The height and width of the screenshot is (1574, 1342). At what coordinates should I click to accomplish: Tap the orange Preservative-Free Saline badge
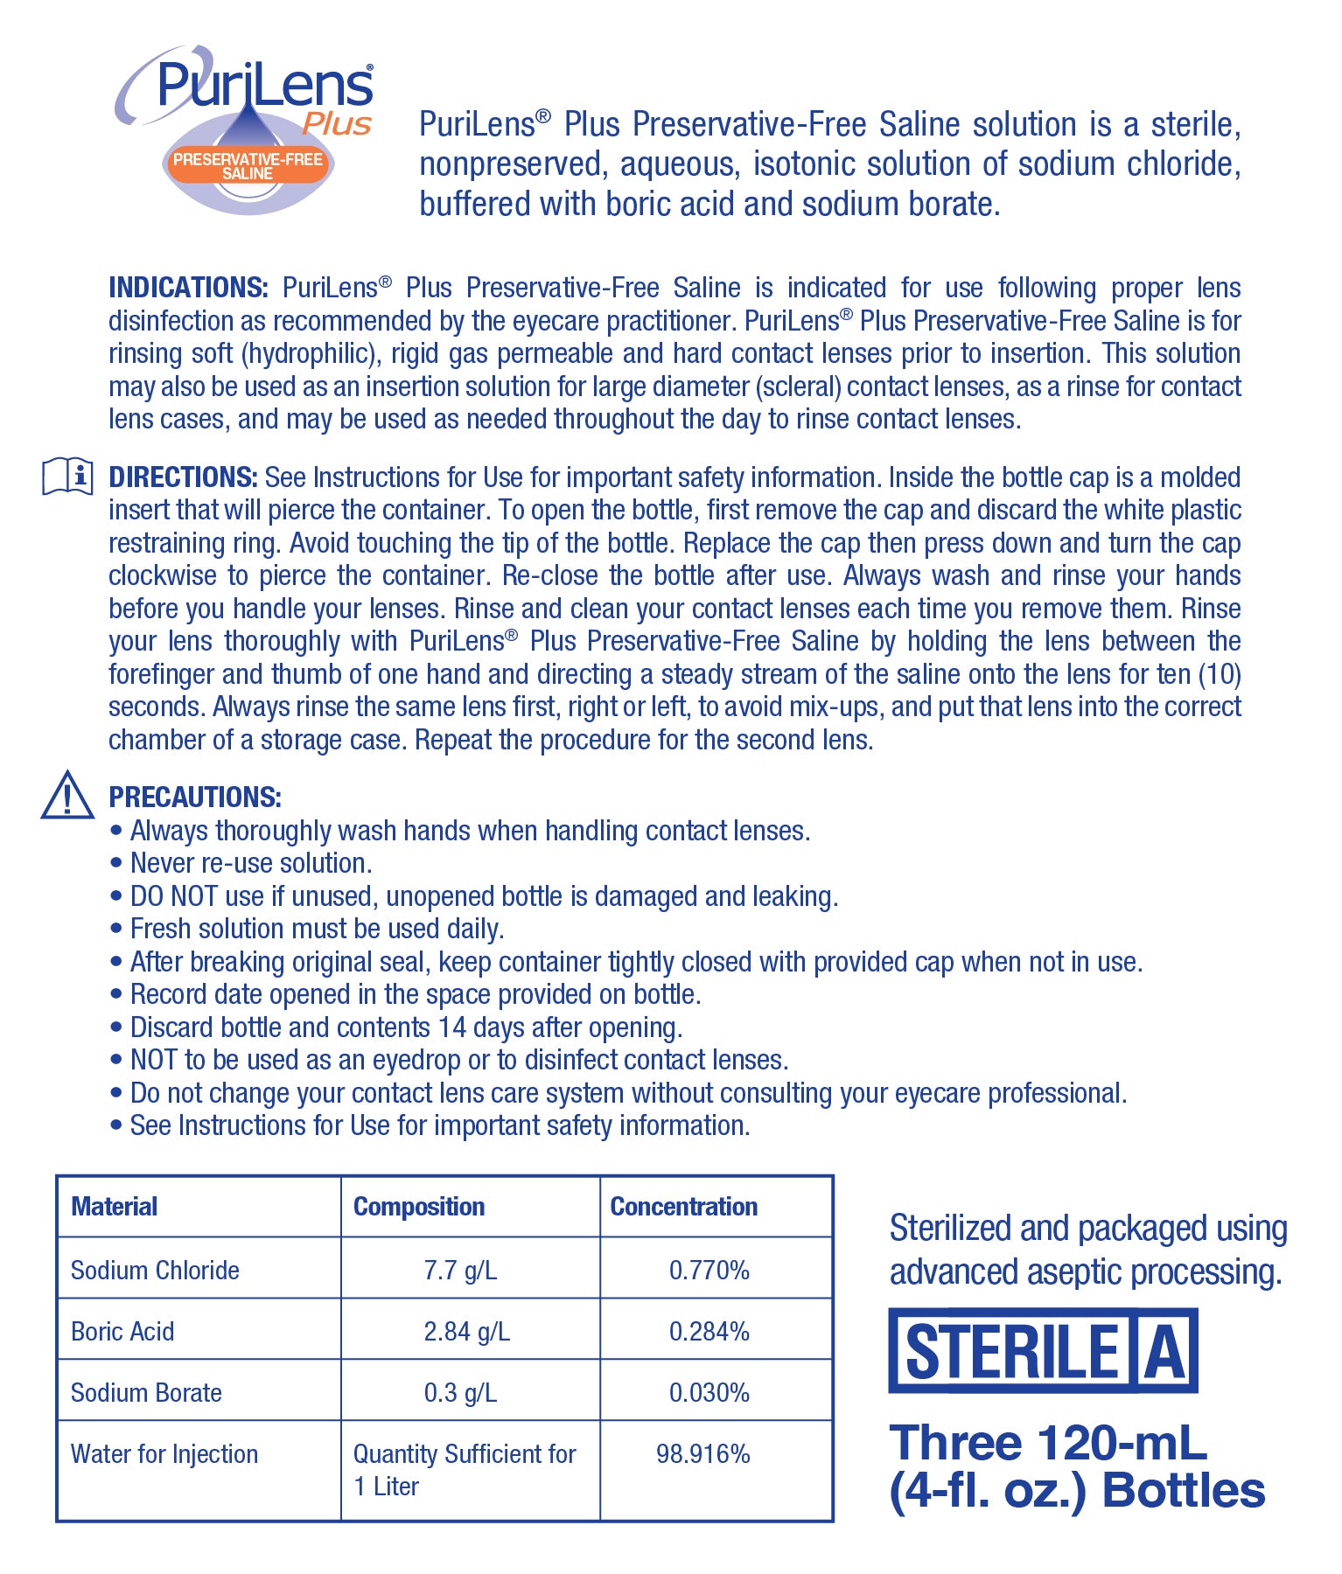248,166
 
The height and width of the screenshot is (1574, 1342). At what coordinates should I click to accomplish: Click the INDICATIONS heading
188,288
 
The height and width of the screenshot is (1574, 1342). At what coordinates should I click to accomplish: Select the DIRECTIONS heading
183,477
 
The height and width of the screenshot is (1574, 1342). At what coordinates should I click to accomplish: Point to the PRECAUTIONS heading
195,797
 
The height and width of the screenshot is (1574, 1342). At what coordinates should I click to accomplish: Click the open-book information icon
67,477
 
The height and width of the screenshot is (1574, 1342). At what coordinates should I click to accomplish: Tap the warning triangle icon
67,796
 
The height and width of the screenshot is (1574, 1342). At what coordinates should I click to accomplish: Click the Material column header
115,1207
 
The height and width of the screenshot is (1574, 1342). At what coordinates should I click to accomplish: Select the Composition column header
419,1207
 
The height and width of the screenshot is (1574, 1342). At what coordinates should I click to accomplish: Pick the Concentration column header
684,1207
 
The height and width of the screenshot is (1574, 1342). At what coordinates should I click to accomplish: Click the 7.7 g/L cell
460,1271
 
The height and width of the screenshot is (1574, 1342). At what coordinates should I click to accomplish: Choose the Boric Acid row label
122,1332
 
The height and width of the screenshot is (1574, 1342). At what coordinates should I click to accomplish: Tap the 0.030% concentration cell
709,1393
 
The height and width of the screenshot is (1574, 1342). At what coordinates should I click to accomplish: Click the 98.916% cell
703,1454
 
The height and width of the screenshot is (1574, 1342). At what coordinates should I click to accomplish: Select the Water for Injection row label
164,1454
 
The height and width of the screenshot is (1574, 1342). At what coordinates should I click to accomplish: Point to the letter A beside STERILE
1166,1352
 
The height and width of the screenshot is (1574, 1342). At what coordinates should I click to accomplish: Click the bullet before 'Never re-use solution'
116,864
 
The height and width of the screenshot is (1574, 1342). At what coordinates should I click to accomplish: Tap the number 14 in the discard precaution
453,1027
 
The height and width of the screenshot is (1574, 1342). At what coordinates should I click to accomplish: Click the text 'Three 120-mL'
1048,1444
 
